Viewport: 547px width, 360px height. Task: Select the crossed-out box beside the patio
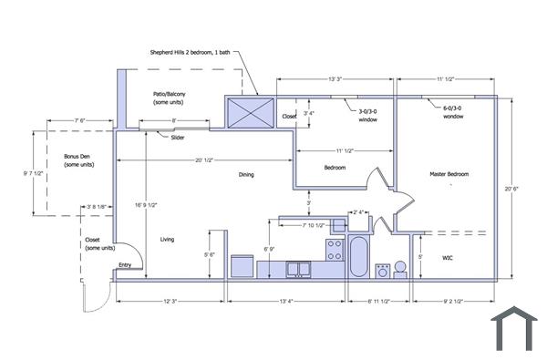[x=251, y=114]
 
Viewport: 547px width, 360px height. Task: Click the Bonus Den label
[x=77, y=159]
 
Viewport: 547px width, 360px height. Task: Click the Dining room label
[x=246, y=174]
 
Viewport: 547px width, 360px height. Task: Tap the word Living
[x=167, y=240]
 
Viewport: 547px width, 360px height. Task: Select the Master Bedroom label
[x=449, y=173]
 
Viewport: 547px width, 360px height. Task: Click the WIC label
[x=448, y=258]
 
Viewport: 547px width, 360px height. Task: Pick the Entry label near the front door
[x=124, y=265]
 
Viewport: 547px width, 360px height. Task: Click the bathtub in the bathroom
[x=359, y=257]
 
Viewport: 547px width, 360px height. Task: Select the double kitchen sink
[x=298, y=269]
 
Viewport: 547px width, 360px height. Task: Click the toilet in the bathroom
[x=384, y=270]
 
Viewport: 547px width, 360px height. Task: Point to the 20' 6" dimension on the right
[x=521, y=189]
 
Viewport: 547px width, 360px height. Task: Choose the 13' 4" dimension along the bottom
[x=285, y=300]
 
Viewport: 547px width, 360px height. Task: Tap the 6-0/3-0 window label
[x=453, y=112]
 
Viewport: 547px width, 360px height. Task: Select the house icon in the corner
[x=514, y=330]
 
